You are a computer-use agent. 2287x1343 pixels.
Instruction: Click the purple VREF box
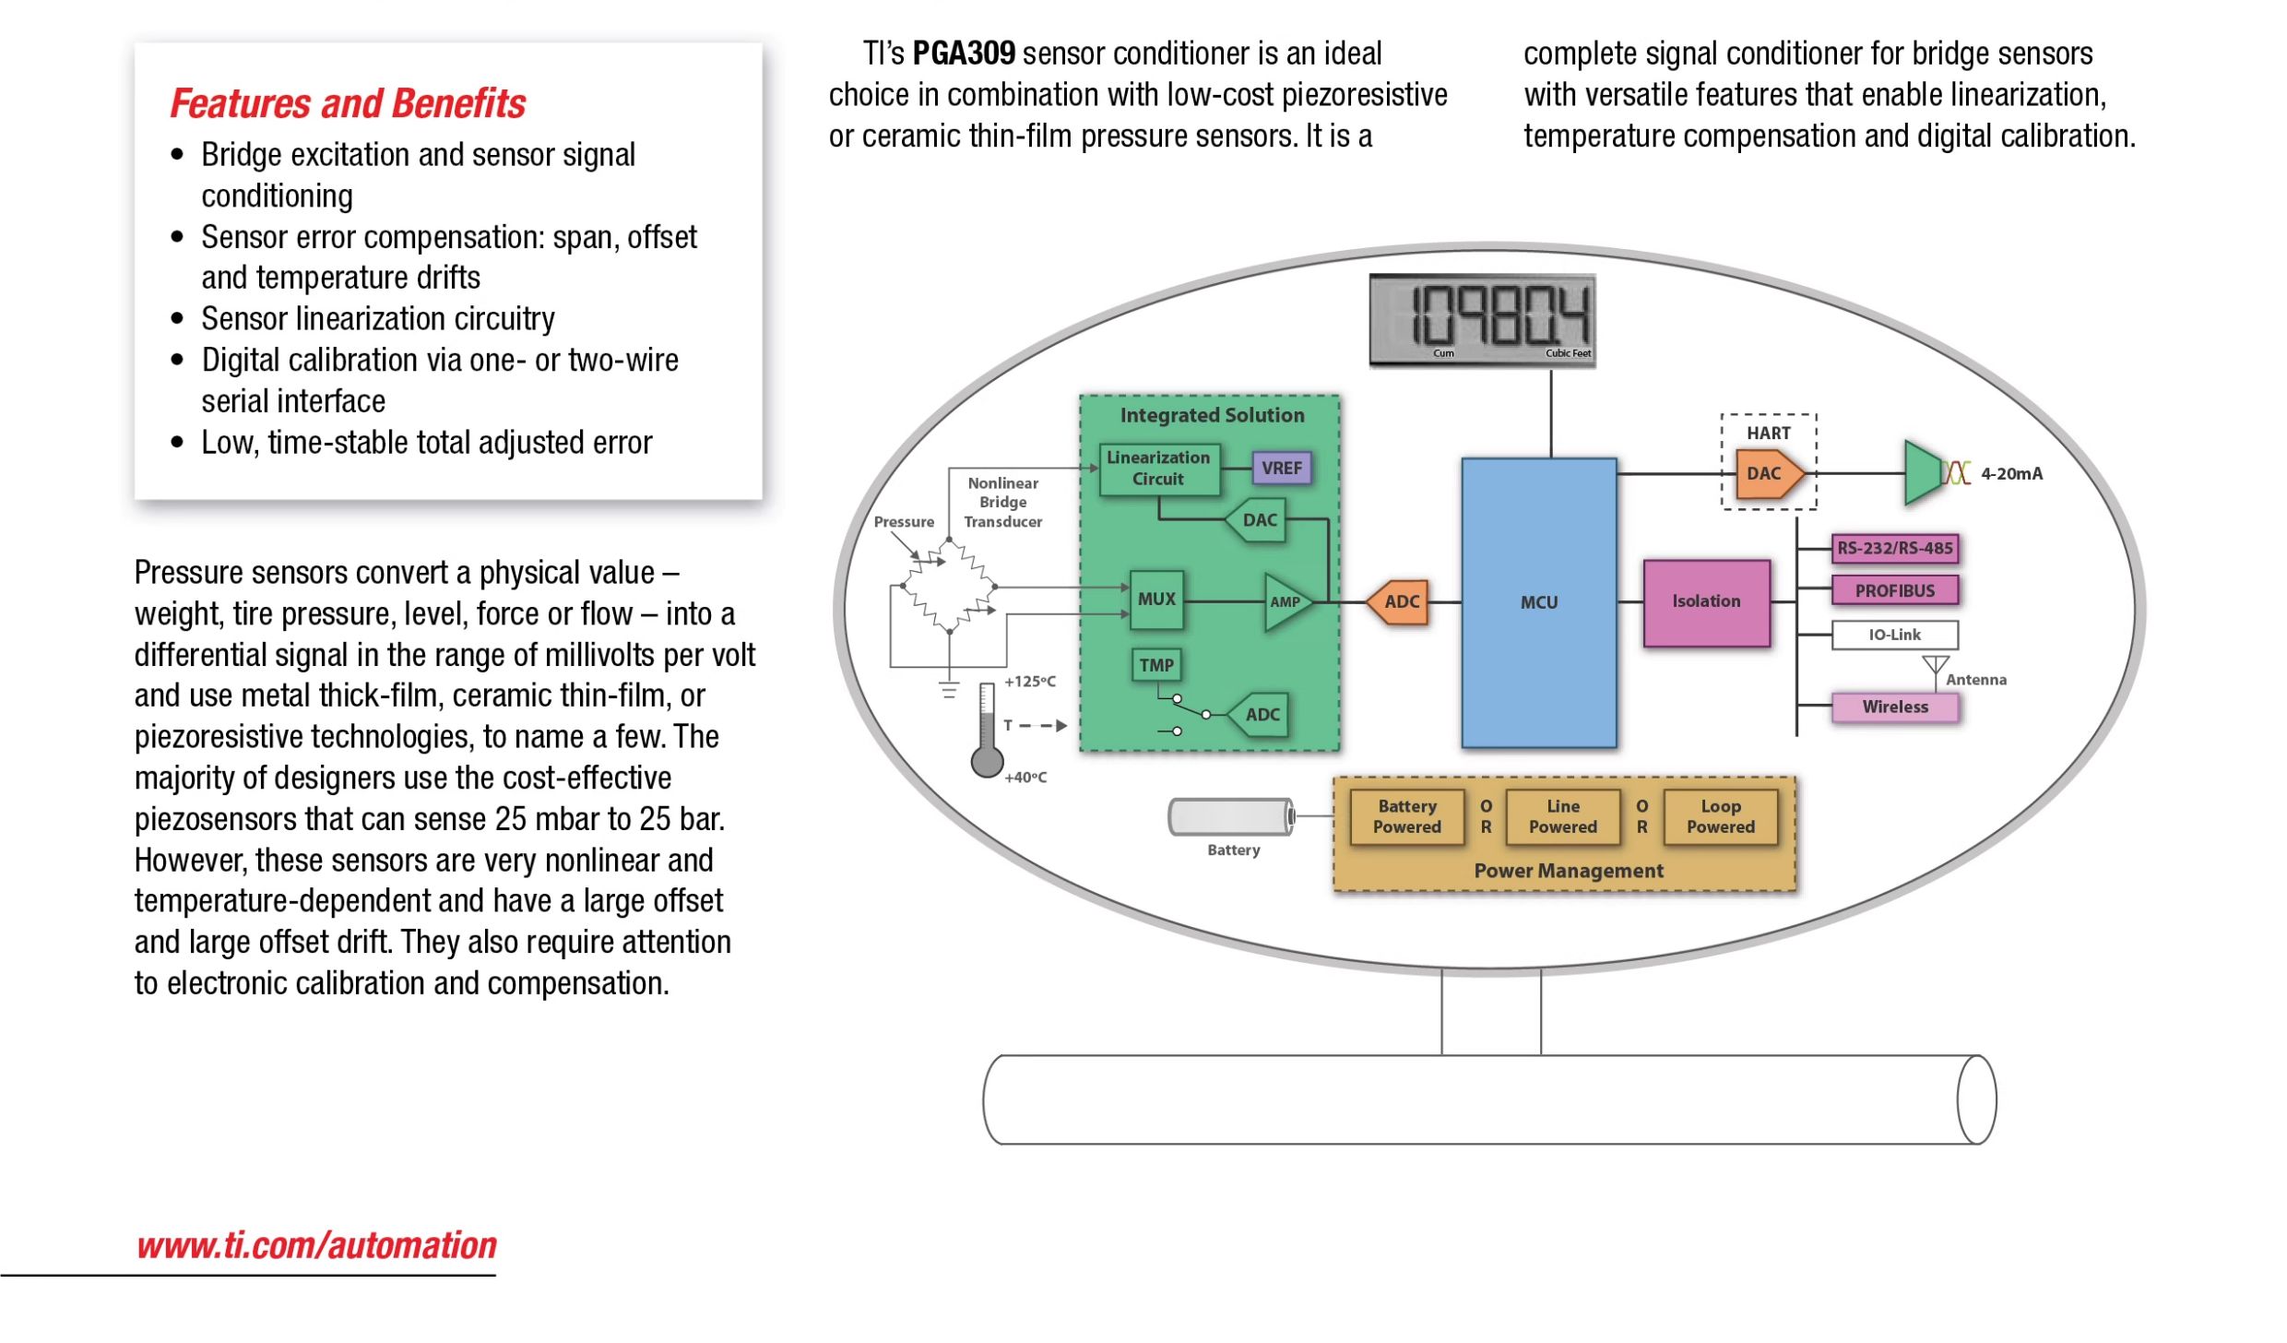(x=1281, y=468)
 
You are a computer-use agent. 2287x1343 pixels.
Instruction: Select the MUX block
(x=1156, y=600)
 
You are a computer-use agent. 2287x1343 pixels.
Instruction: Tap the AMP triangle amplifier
(x=1287, y=602)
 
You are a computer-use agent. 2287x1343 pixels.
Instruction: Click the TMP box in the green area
(x=1155, y=665)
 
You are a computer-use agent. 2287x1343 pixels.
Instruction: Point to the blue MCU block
(x=1539, y=602)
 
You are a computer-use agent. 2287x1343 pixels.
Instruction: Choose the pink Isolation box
(x=1707, y=602)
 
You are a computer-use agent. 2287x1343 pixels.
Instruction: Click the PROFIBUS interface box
(x=1895, y=590)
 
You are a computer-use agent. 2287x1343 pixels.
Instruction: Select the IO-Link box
(x=1895, y=635)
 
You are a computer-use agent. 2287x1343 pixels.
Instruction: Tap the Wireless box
(x=1895, y=707)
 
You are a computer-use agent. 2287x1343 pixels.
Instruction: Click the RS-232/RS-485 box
(x=1895, y=548)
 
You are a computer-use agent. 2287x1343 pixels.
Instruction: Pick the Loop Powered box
(x=1721, y=817)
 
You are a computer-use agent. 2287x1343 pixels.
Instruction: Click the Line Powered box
(x=1563, y=817)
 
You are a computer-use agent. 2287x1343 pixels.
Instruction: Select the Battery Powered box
(x=1407, y=817)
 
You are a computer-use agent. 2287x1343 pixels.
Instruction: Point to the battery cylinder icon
(x=1232, y=817)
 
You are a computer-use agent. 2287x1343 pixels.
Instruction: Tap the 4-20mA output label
(x=2012, y=474)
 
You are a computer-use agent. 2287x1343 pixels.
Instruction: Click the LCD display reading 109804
(x=1483, y=321)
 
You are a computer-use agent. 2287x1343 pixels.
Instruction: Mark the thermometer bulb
(x=987, y=762)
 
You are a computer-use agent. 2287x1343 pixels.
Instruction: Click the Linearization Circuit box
(x=1159, y=469)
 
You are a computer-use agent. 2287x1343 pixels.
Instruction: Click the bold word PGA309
(x=964, y=53)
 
